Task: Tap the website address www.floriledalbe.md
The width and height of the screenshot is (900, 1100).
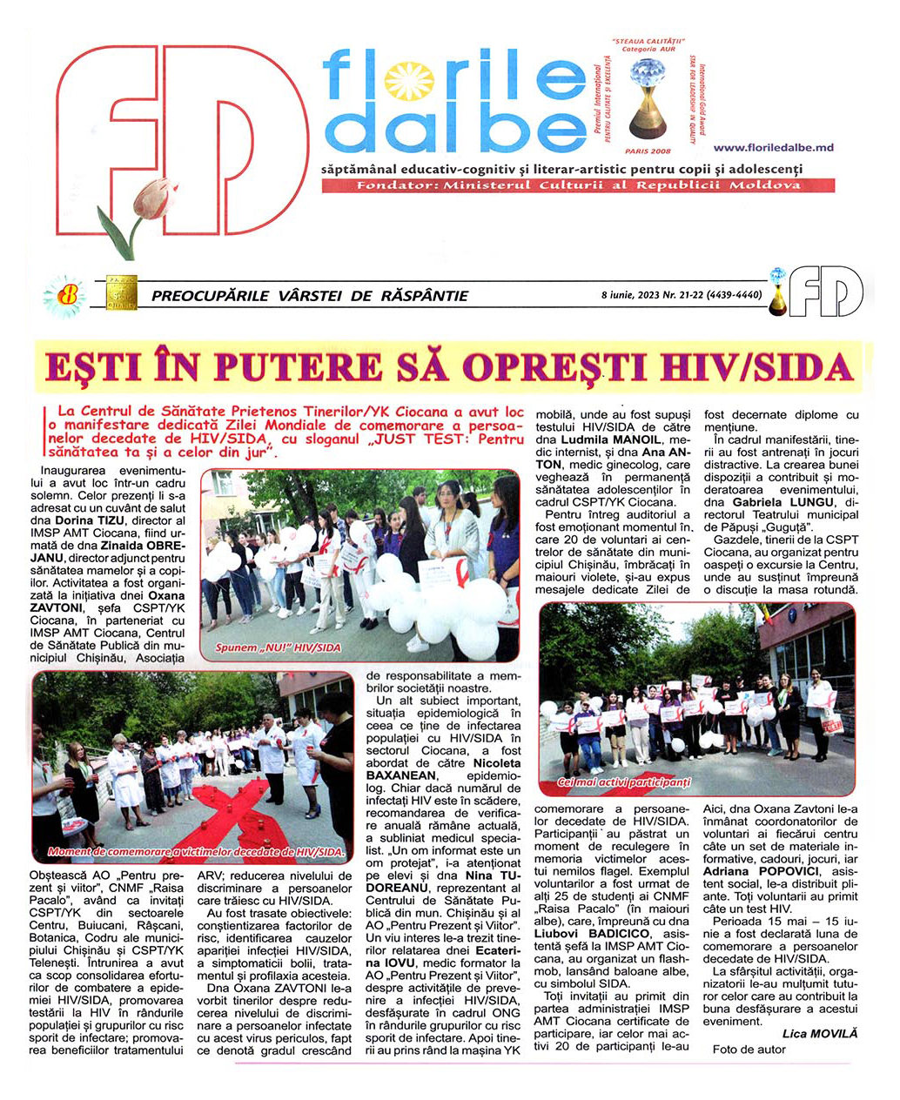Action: pyautogui.click(x=773, y=148)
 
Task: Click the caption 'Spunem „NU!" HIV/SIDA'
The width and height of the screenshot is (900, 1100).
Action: pyautogui.click(x=279, y=647)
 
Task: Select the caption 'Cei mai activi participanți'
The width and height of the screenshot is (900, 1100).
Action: pyautogui.click(x=623, y=782)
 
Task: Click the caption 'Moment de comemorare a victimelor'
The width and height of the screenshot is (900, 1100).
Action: pyautogui.click(x=197, y=851)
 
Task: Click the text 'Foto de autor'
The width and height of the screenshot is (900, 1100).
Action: pyautogui.click(x=749, y=1049)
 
